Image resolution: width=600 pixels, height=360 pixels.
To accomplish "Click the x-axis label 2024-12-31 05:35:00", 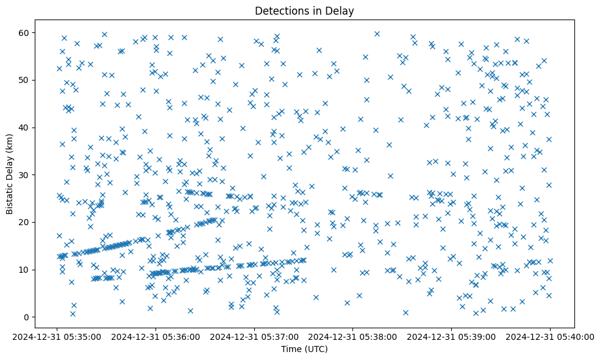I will click(x=57, y=336).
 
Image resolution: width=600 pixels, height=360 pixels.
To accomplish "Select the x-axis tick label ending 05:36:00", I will click(x=156, y=336).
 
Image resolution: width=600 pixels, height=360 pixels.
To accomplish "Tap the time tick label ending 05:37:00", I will click(x=255, y=336).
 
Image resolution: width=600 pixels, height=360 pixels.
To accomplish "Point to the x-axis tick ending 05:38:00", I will click(x=353, y=336).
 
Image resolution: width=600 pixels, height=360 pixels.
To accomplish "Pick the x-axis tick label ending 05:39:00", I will click(x=452, y=336).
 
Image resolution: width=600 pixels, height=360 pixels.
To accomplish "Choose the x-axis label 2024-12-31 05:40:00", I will click(x=551, y=336).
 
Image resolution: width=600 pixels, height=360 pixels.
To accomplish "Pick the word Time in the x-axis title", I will click(x=291, y=349).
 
